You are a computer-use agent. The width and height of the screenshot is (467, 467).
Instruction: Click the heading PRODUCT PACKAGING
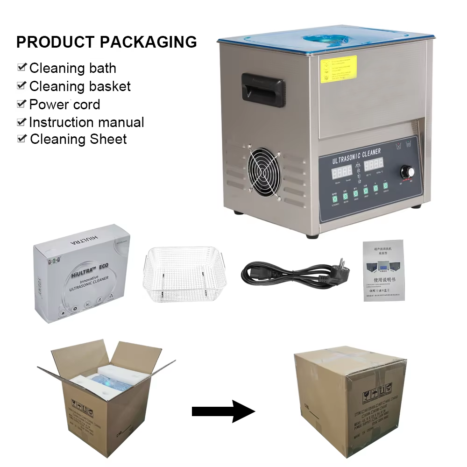click(x=106, y=42)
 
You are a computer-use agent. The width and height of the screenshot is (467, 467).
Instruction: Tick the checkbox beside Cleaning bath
click(x=21, y=67)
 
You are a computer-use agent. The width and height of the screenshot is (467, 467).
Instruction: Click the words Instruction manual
click(x=86, y=122)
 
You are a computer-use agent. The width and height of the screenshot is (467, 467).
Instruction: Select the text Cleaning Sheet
click(x=78, y=139)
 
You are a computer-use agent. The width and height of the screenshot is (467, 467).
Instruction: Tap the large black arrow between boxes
click(x=223, y=411)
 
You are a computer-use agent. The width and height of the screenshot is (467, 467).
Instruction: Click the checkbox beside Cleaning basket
click(x=21, y=85)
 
